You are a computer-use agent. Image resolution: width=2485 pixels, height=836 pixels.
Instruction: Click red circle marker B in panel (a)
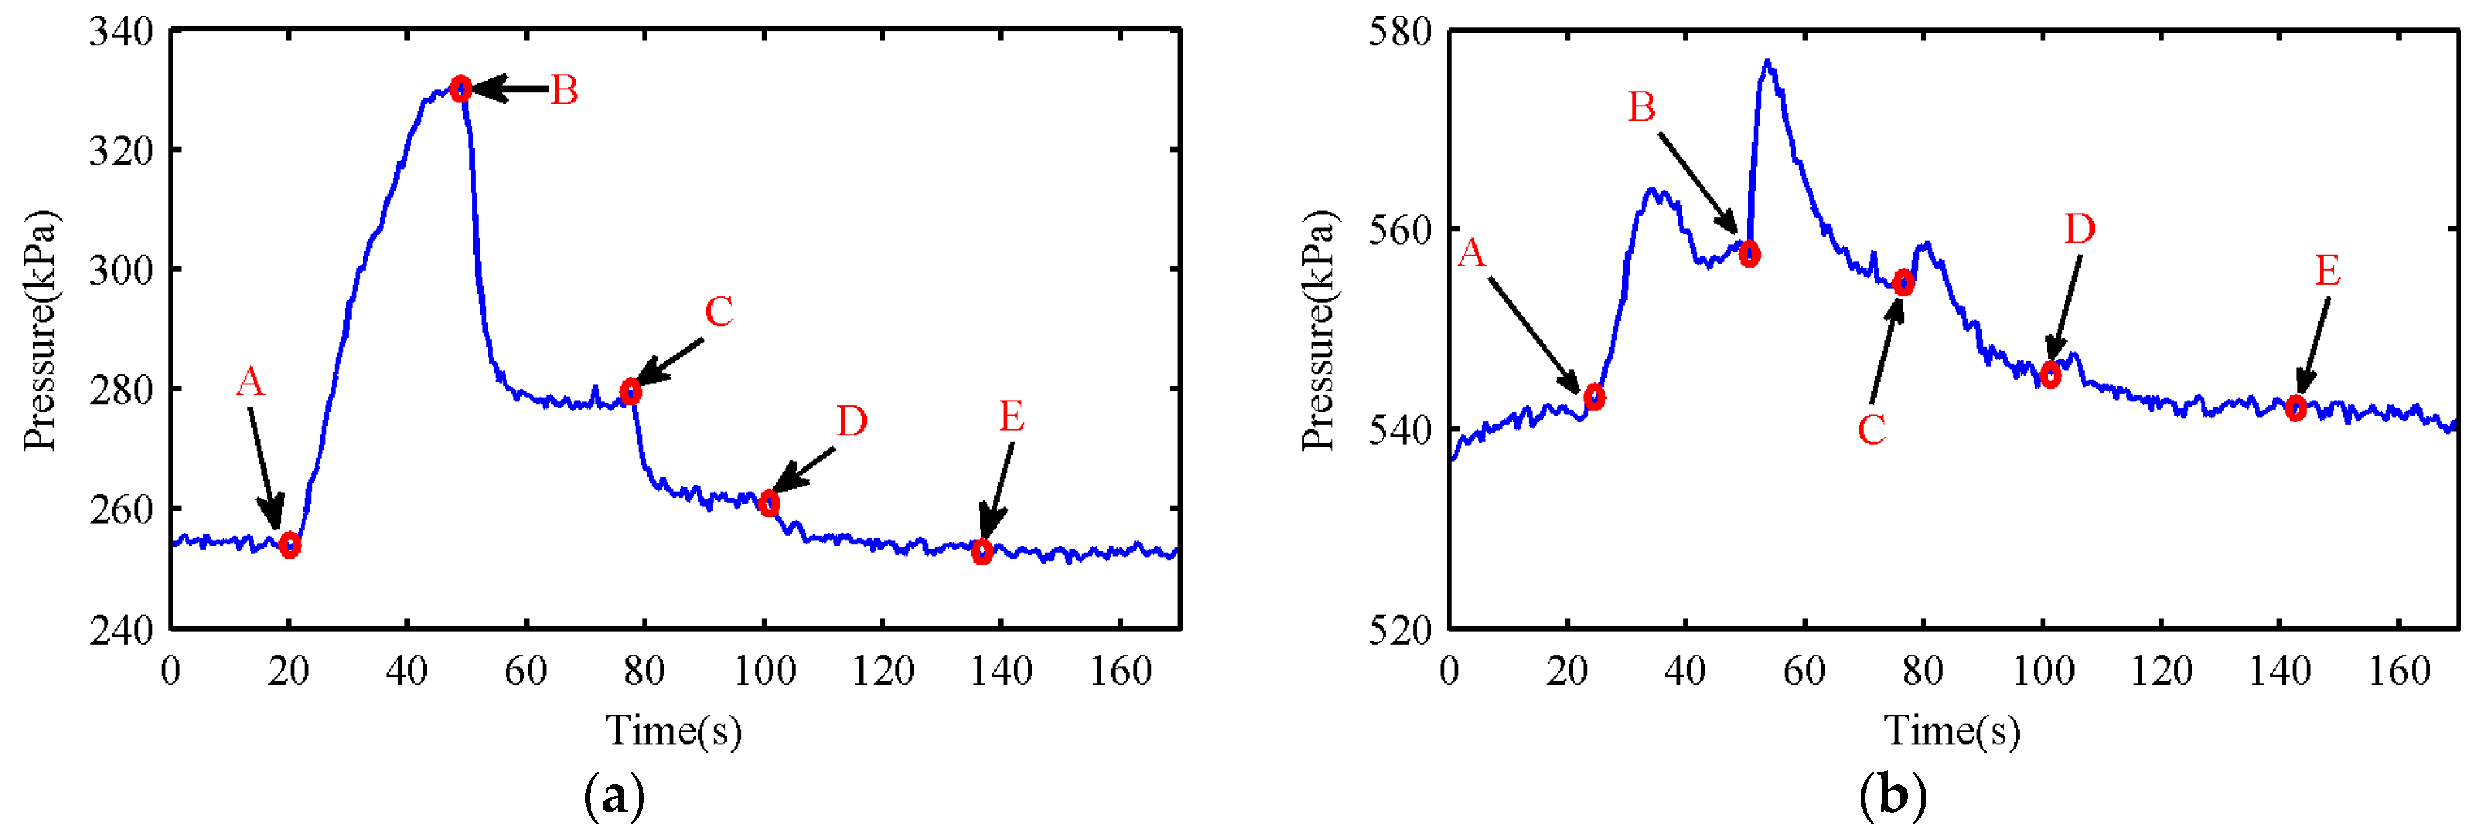(x=461, y=89)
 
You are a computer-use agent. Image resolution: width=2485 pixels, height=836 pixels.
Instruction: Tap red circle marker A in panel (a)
(x=289, y=545)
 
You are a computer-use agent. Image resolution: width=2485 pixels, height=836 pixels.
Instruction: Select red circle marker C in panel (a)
(x=631, y=392)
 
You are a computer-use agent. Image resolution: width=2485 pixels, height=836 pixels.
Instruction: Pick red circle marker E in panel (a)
(x=982, y=552)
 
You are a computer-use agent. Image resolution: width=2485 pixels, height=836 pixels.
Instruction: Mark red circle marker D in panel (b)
(x=2051, y=376)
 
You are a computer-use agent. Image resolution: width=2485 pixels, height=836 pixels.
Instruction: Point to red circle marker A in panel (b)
(x=1594, y=397)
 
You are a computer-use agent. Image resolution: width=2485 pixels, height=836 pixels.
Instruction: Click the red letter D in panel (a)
(x=851, y=422)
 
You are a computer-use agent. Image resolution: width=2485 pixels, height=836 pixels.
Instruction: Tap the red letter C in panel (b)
(x=1871, y=431)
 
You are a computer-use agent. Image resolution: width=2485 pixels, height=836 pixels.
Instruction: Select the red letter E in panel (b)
(x=2327, y=271)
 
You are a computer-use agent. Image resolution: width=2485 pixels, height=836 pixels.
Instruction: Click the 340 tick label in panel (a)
(x=121, y=32)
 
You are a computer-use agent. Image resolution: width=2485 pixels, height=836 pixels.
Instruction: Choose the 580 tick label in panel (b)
(x=1401, y=32)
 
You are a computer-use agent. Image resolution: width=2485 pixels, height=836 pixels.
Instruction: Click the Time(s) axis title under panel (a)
(x=673, y=731)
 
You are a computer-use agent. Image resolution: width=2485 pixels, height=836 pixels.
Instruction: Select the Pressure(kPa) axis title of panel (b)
(x=1318, y=330)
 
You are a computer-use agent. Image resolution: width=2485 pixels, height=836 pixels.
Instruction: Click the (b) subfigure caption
(x=1892, y=797)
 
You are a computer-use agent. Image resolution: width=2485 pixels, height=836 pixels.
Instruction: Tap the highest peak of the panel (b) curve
(x=1767, y=62)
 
